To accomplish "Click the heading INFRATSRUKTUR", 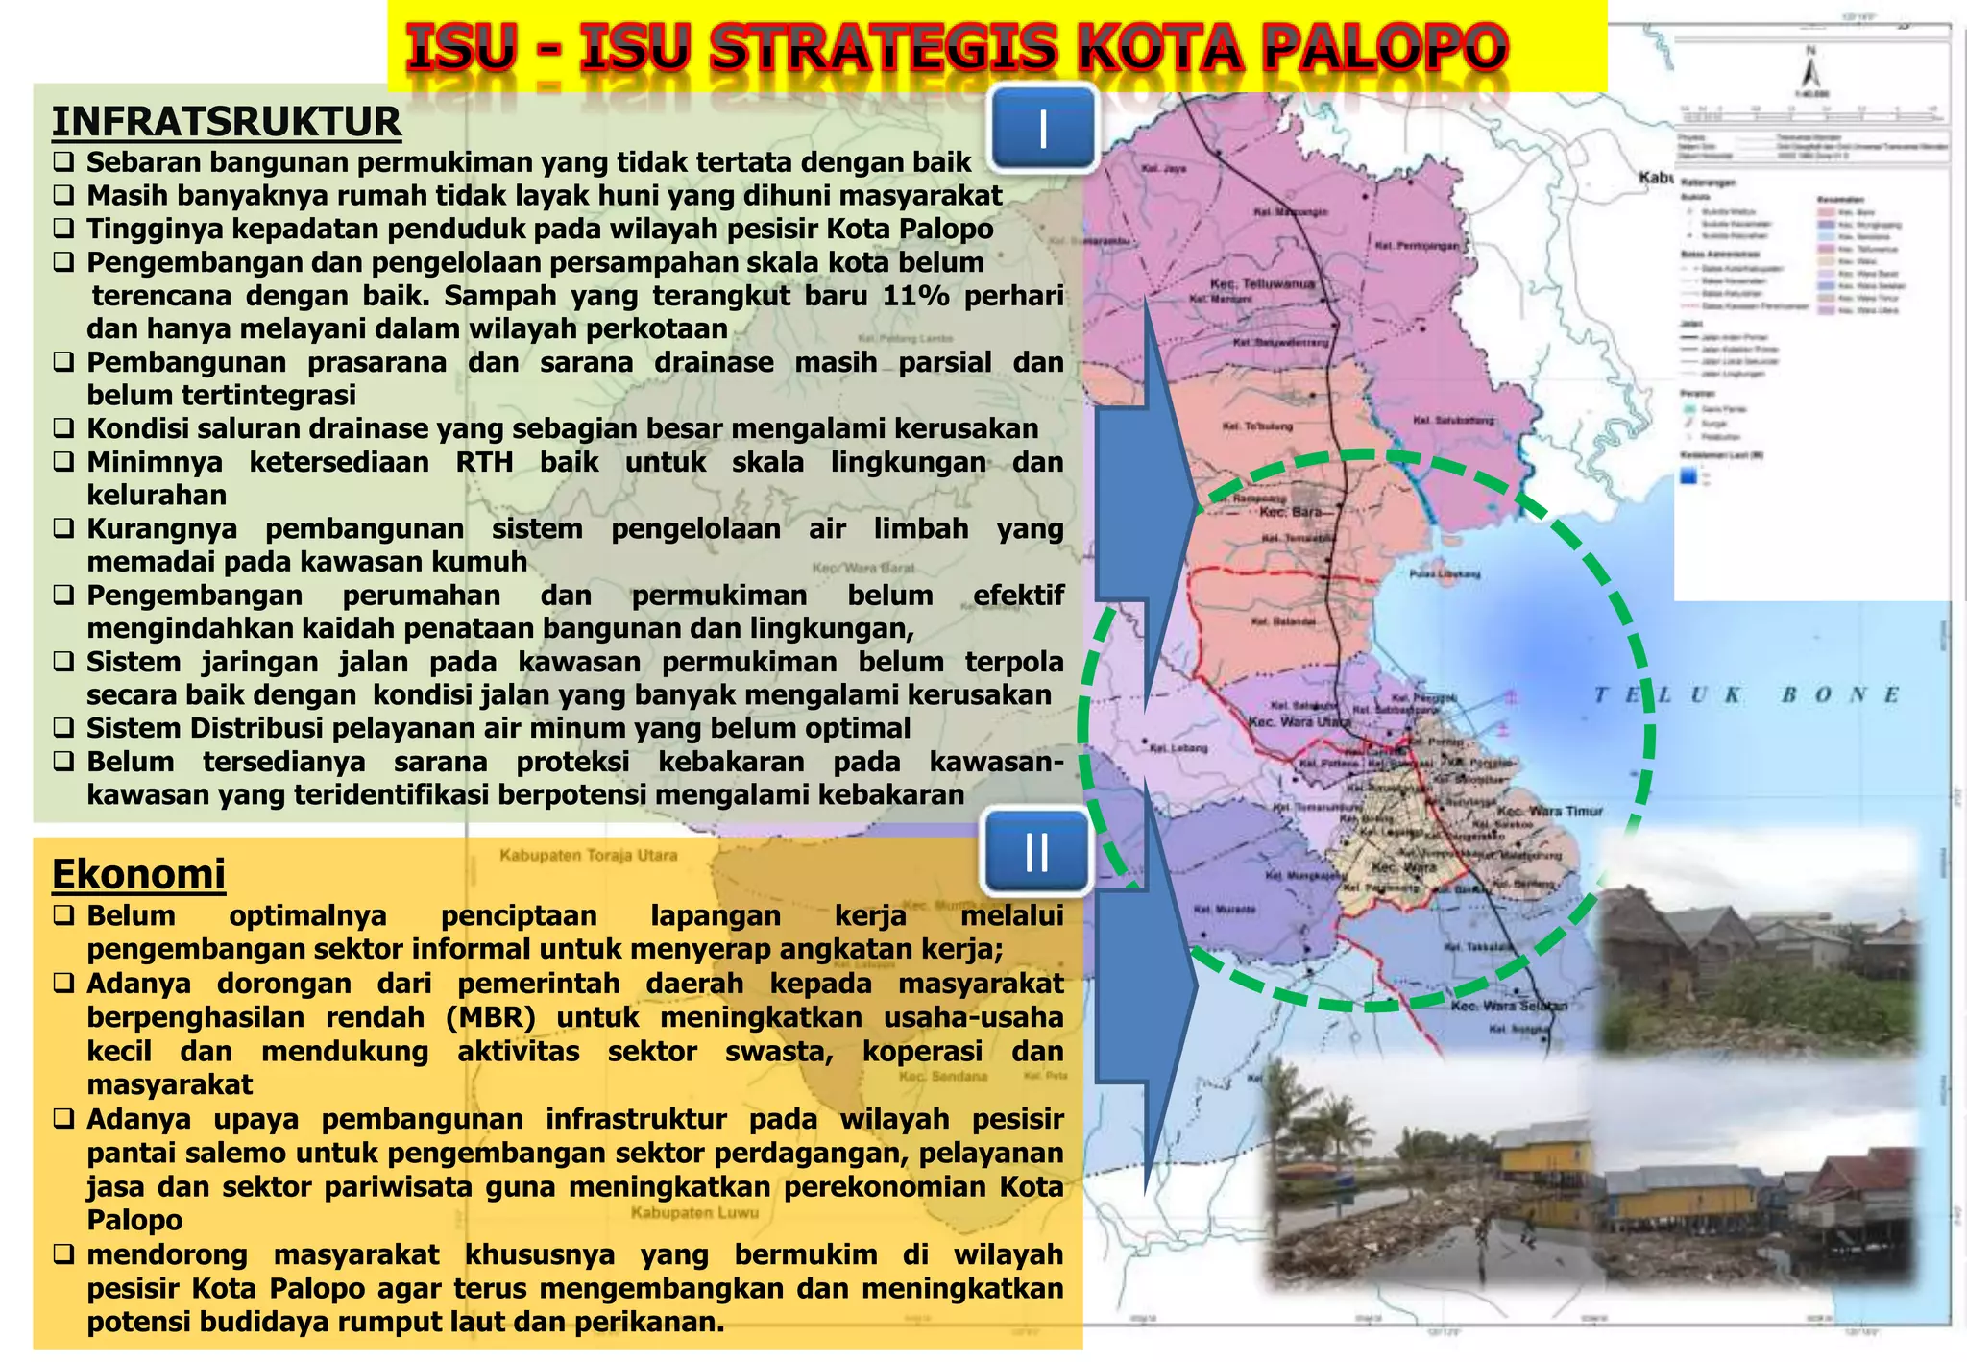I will pos(226,123).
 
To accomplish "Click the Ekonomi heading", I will pos(138,874).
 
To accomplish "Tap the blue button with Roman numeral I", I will pos(1043,129).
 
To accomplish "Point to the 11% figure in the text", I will pos(915,295).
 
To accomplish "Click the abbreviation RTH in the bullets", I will pos(484,462).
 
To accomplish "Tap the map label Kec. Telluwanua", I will pos(1262,284).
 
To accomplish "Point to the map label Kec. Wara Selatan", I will pos(1508,1006).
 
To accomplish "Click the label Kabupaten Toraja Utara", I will pos(588,855).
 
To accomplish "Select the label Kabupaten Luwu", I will pos(693,1213).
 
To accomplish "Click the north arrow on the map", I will pos(1810,71).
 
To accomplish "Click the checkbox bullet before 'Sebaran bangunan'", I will pos(63,162).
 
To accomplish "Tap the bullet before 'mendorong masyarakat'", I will pos(63,1254).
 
